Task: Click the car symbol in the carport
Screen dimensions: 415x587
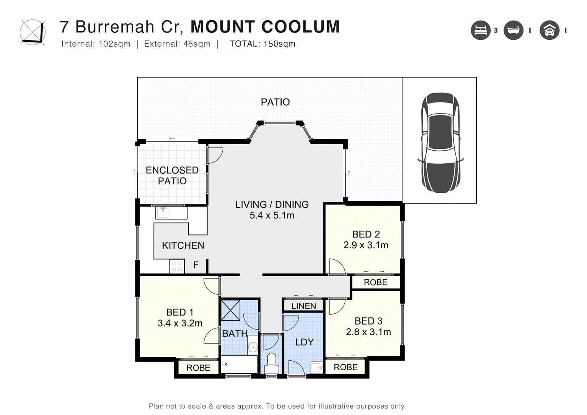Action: tap(440, 142)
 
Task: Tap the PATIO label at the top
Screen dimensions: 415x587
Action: tap(275, 102)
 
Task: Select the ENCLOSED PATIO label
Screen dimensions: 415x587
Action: tap(172, 176)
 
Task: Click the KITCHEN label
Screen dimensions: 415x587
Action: tap(183, 246)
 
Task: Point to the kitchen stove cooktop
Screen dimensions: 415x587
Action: tap(177, 266)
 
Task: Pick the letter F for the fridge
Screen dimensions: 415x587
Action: tap(196, 265)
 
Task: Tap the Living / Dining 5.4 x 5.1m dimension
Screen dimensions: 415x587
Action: tap(272, 216)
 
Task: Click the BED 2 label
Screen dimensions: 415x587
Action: tap(366, 234)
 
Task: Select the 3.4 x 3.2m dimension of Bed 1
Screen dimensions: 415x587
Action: tap(180, 323)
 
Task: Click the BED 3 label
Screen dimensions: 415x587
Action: tap(368, 321)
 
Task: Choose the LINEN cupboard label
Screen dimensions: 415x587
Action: tap(303, 306)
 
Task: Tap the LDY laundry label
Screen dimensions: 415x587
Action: tap(305, 342)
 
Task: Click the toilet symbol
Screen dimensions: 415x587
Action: tap(271, 360)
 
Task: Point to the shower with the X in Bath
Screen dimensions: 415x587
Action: tap(231, 310)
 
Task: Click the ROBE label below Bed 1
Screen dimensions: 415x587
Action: tap(198, 368)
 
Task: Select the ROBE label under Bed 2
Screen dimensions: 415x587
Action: tap(375, 282)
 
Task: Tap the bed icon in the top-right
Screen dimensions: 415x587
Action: tap(480, 30)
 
